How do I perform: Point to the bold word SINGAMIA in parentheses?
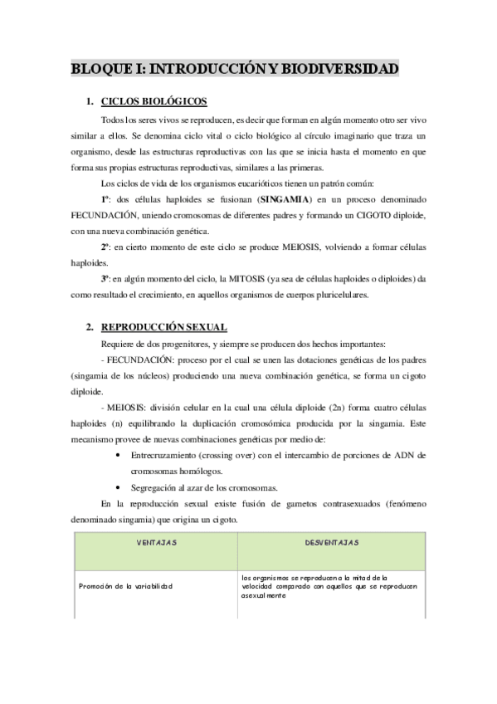pyautogui.click(x=284, y=200)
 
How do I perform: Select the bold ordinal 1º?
pyautogui.click(x=106, y=200)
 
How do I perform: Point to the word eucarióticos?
pyautogui.click(x=236, y=184)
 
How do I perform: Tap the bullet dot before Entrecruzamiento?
pyautogui.click(x=123, y=455)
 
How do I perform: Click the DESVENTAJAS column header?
pyautogui.click(x=331, y=543)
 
